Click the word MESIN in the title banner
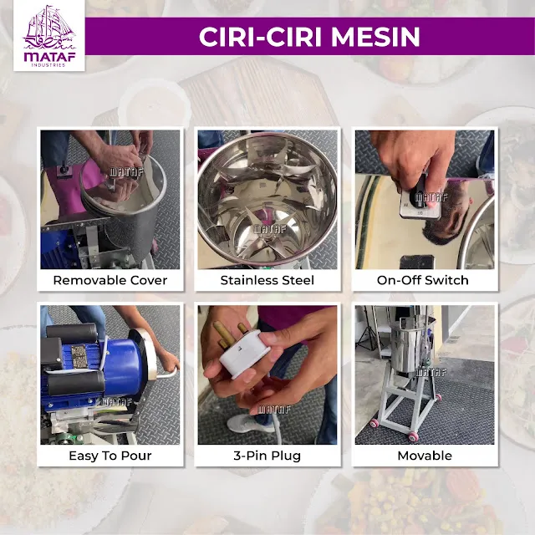tap(375, 37)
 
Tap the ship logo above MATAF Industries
tap(49, 28)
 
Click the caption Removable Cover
tap(110, 280)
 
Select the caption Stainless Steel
tap(267, 280)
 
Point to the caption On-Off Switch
tap(423, 280)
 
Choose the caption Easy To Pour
tap(110, 456)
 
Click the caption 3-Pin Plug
tap(267, 456)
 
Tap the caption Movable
tap(425, 456)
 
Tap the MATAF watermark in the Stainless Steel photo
tap(269, 228)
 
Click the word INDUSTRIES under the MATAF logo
tap(49, 65)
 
